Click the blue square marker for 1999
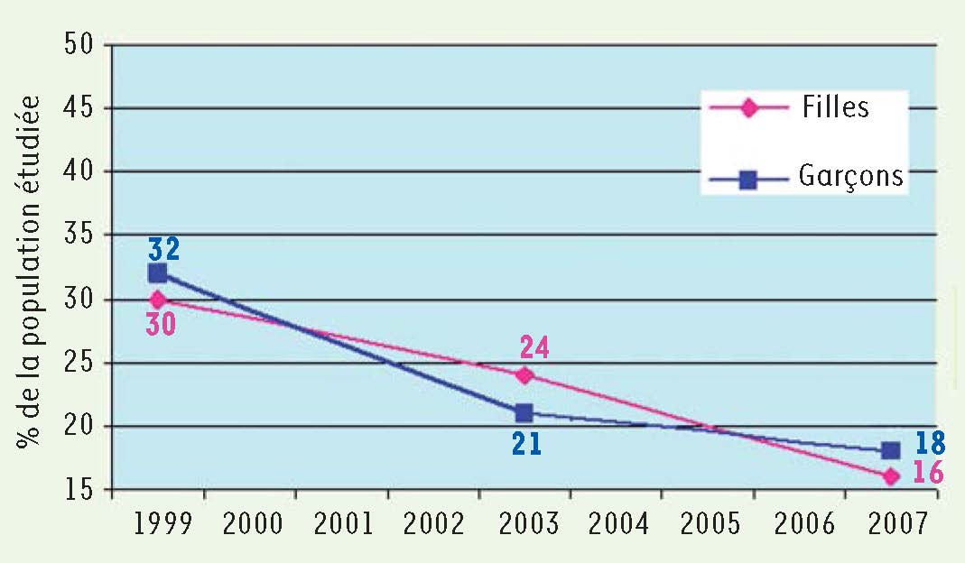click(158, 272)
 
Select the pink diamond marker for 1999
click(158, 299)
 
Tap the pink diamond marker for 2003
click(524, 374)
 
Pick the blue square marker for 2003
click(524, 413)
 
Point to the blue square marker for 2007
click(890, 450)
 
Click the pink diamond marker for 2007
click(891, 476)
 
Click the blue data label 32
click(165, 248)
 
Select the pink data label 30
click(161, 323)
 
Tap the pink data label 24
click(534, 348)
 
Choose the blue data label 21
click(526, 444)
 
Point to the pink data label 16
click(928, 473)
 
